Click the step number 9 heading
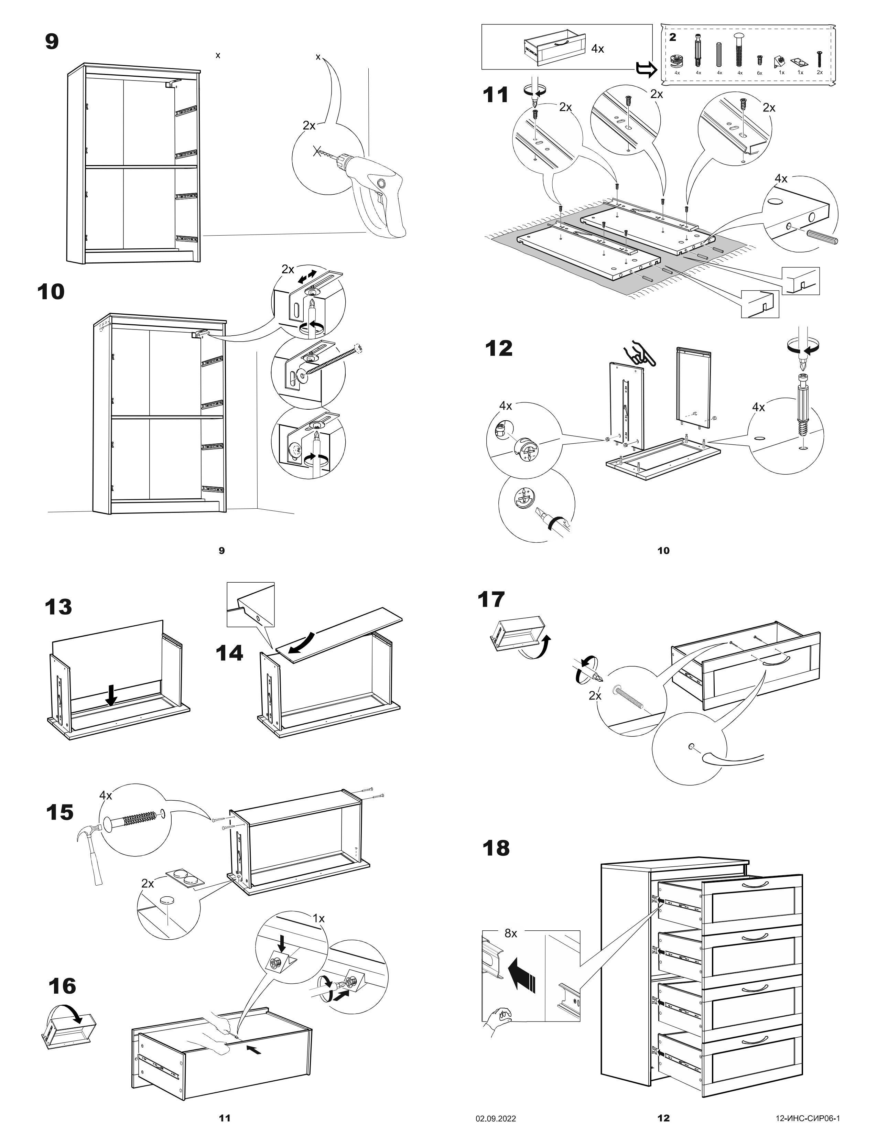(x=52, y=42)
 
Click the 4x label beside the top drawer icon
(x=597, y=49)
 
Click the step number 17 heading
(x=491, y=599)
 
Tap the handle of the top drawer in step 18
(x=755, y=885)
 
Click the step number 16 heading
(x=62, y=986)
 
